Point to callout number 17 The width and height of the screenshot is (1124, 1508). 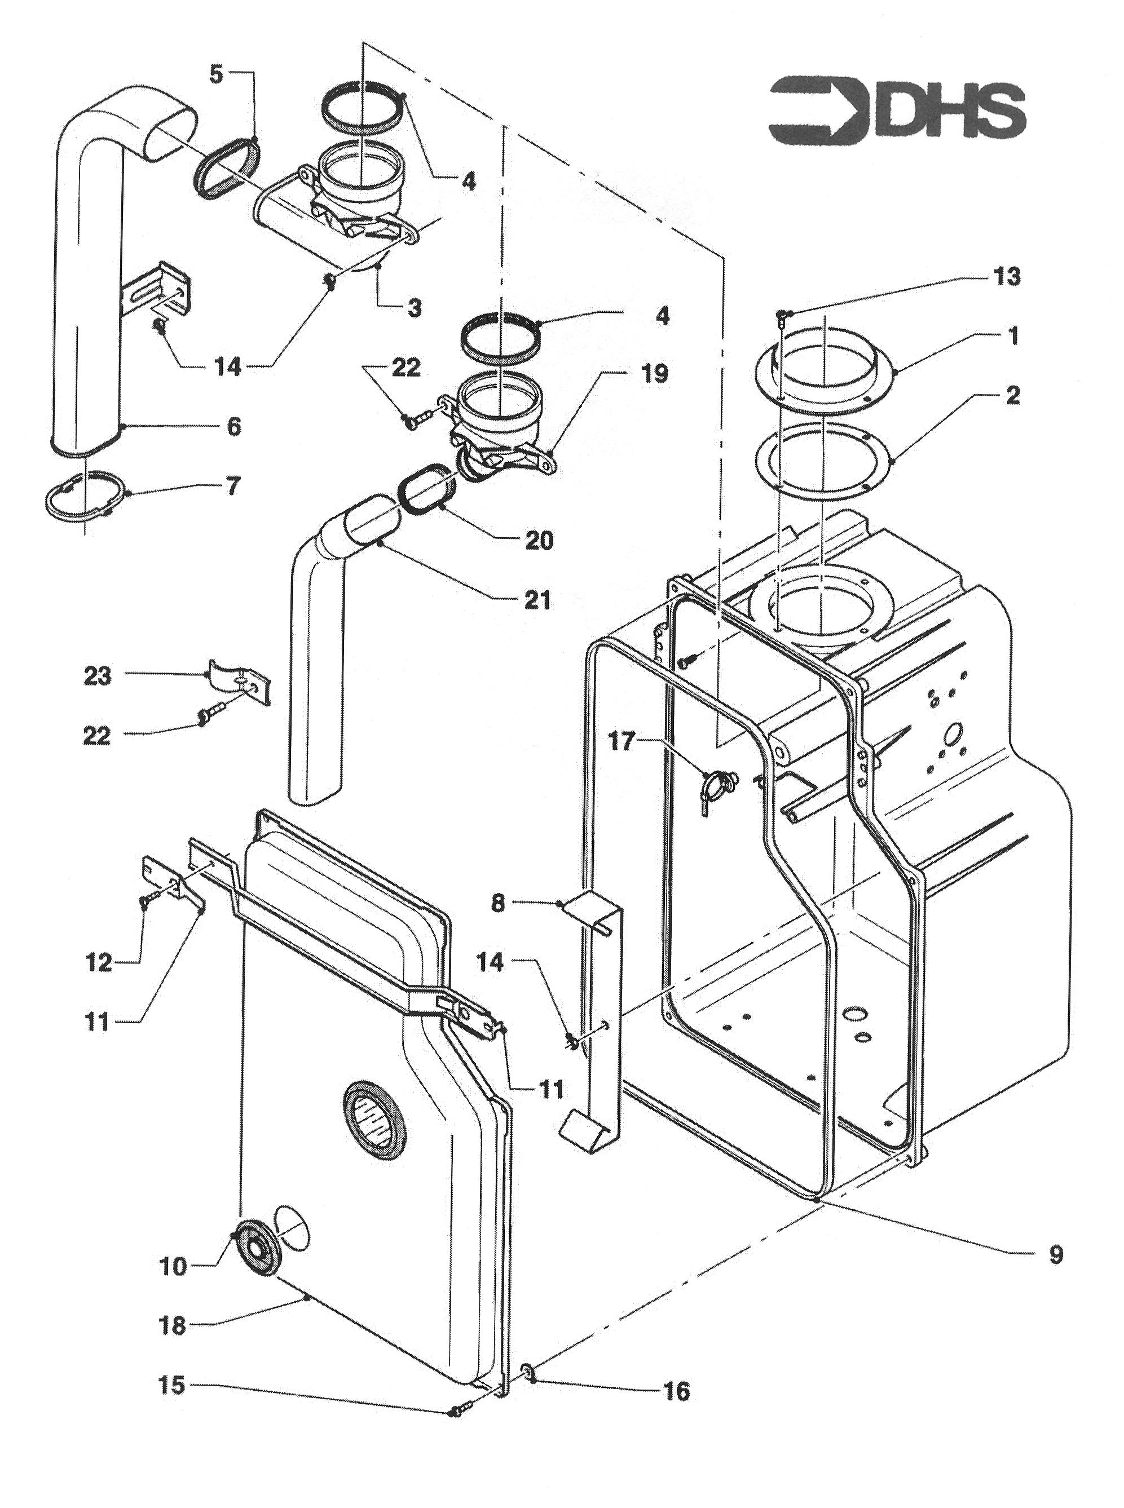620,741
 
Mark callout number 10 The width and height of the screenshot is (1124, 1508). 173,1266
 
